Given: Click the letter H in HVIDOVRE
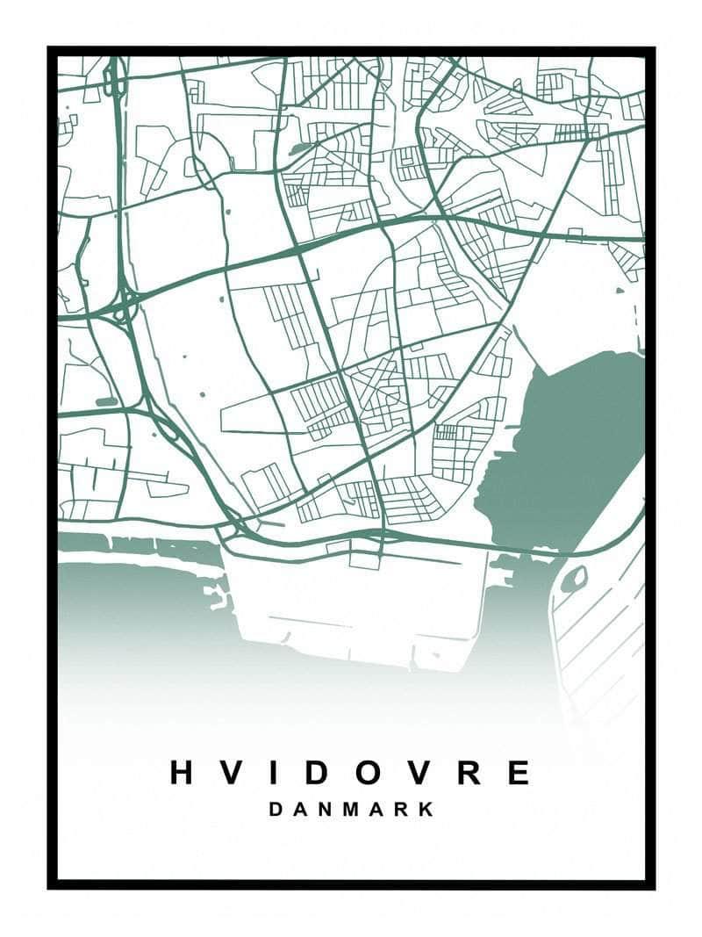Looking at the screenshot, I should point(181,772).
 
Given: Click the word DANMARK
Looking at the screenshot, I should point(351,810).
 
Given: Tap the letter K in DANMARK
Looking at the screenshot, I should point(426,810).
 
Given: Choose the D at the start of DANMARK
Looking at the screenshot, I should point(276,810).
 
